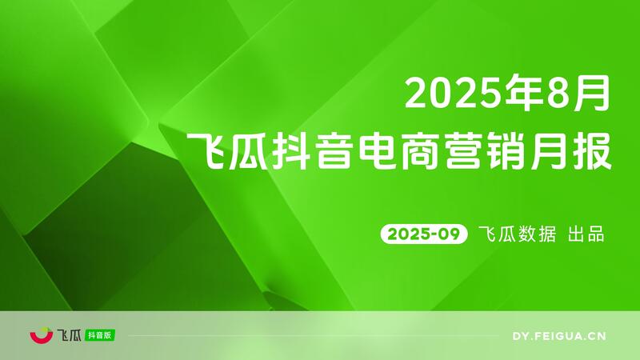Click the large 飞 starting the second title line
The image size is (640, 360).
[205, 150]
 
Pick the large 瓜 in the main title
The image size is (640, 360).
[250, 150]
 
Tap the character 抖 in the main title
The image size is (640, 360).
[296, 150]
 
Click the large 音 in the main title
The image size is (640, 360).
[342, 150]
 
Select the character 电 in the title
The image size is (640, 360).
[387, 150]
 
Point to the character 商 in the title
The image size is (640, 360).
[433, 150]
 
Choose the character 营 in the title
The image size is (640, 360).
[478, 150]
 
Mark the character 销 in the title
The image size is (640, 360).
[524, 150]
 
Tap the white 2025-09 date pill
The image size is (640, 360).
[422, 234]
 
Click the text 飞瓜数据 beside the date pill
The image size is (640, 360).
[516, 234]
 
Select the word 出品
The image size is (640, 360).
[585, 234]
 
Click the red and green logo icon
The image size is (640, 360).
[40, 335]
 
